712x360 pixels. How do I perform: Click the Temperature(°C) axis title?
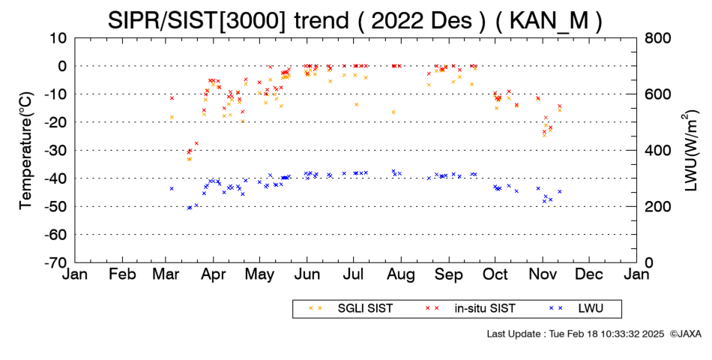coord(26,151)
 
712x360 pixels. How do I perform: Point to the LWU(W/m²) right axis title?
coord(690,151)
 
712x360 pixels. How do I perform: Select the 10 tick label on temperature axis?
coord(58,38)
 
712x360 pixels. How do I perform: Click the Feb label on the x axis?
coord(123,274)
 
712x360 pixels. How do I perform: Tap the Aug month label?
coord(402,274)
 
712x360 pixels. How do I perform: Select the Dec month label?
coord(589,274)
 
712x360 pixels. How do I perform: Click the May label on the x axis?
coord(260,274)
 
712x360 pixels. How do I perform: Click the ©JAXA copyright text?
coord(685,334)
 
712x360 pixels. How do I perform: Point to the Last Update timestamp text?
coord(576,334)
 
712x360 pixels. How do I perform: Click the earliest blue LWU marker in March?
coord(172,189)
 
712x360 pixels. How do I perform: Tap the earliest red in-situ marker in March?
coord(172,98)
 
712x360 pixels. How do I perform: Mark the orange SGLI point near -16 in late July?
coord(393,112)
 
